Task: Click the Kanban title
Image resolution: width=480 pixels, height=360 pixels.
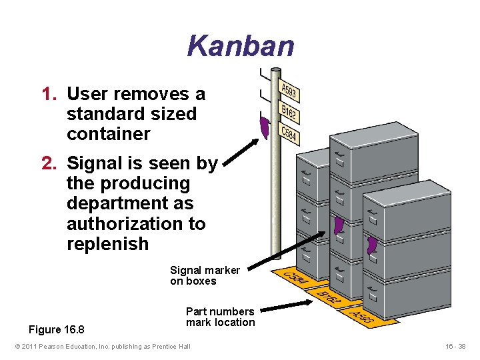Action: [240, 46]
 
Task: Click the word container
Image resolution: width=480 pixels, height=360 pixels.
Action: [109, 134]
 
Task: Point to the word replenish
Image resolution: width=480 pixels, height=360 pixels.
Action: [108, 244]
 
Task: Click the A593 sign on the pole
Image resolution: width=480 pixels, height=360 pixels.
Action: [289, 91]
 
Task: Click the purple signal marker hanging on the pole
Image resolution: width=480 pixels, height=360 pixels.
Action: [264, 126]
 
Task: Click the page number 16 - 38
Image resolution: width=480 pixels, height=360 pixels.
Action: [457, 347]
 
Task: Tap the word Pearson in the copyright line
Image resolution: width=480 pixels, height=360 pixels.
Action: [66, 347]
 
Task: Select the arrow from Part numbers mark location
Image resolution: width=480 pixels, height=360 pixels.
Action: [281, 308]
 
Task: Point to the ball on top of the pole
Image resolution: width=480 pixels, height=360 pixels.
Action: [275, 70]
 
